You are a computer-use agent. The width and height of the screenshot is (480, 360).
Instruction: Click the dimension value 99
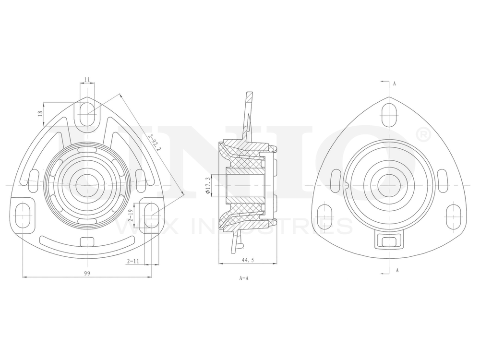click(x=87, y=273)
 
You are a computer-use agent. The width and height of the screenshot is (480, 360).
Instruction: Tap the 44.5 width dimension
click(x=248, y=259)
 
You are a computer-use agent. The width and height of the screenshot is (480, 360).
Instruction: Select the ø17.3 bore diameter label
click(x=208, y=185)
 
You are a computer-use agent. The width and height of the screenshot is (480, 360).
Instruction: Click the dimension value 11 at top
click(x=87, y=80)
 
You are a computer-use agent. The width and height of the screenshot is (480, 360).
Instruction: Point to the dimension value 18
click(x=41, y=113)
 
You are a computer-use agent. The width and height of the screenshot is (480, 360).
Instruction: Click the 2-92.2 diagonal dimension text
click(x=155, y=143)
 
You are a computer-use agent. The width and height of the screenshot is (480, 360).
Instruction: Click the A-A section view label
click(x=243, y=278)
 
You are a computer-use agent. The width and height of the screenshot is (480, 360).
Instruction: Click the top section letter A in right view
click(x=394, y=83)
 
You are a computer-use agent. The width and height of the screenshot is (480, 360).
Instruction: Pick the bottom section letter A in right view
click(x=397, y=270)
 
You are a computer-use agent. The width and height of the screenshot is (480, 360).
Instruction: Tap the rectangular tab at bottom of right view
click(x=388, y=240)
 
